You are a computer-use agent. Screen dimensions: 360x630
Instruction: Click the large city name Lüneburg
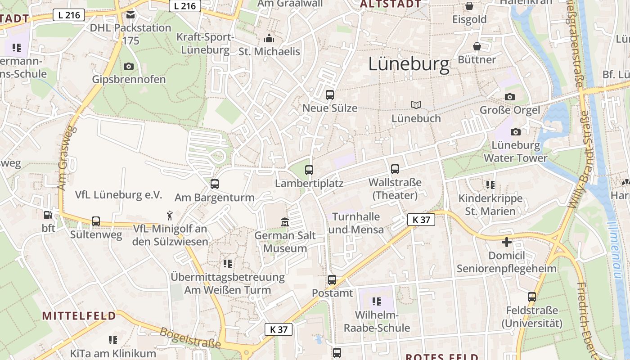[409, 64]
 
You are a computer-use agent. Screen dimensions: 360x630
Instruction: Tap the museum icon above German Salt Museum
[285, 222]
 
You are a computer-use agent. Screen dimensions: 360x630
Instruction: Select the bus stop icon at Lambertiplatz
[309, 170]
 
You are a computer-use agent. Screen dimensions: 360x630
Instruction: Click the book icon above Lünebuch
[416, 105]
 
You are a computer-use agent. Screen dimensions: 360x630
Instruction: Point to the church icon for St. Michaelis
[269, 38]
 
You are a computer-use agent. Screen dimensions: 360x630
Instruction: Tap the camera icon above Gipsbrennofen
[128, 66]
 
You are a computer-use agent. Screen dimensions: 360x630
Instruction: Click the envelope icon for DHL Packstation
[130, 15]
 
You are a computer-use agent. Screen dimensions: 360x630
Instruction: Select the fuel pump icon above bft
[48, 215]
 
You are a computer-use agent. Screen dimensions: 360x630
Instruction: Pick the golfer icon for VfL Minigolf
[170, 215]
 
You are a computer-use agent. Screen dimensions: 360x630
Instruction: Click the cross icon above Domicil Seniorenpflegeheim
[507, 242]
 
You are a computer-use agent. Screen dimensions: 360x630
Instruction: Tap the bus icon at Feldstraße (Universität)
[532, 297]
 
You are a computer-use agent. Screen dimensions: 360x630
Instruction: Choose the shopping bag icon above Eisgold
[469, 6]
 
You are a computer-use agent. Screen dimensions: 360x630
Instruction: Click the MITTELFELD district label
[79, 315]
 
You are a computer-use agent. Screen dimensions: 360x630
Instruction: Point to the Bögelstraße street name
[190, 338]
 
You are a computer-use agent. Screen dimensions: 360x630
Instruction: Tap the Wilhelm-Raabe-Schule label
[377, 321]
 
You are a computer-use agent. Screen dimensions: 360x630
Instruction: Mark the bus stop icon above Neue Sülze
[330, 95]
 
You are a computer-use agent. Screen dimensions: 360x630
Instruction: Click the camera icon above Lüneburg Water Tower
[516, 132]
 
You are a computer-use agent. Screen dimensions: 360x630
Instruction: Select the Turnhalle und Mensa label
[356, 223]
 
